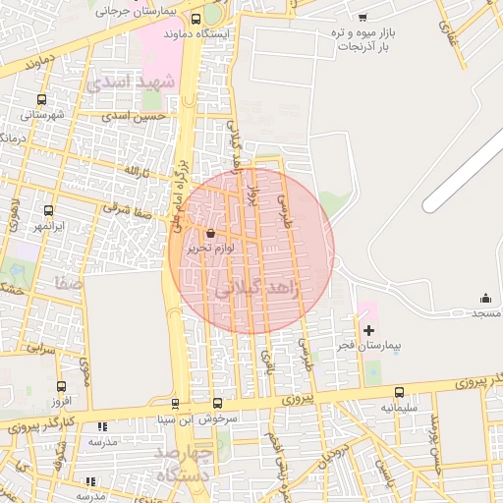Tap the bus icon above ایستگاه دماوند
tap(196, 19)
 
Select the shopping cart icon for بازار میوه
tap(363, 17)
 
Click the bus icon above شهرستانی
tap(41, 100)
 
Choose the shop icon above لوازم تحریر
tap(213, 233)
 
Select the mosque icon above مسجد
tap(484, 298)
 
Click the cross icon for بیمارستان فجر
tap(368, 330)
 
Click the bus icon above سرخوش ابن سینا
tap(217, 403)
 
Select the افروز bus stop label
tap(62, 401)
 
